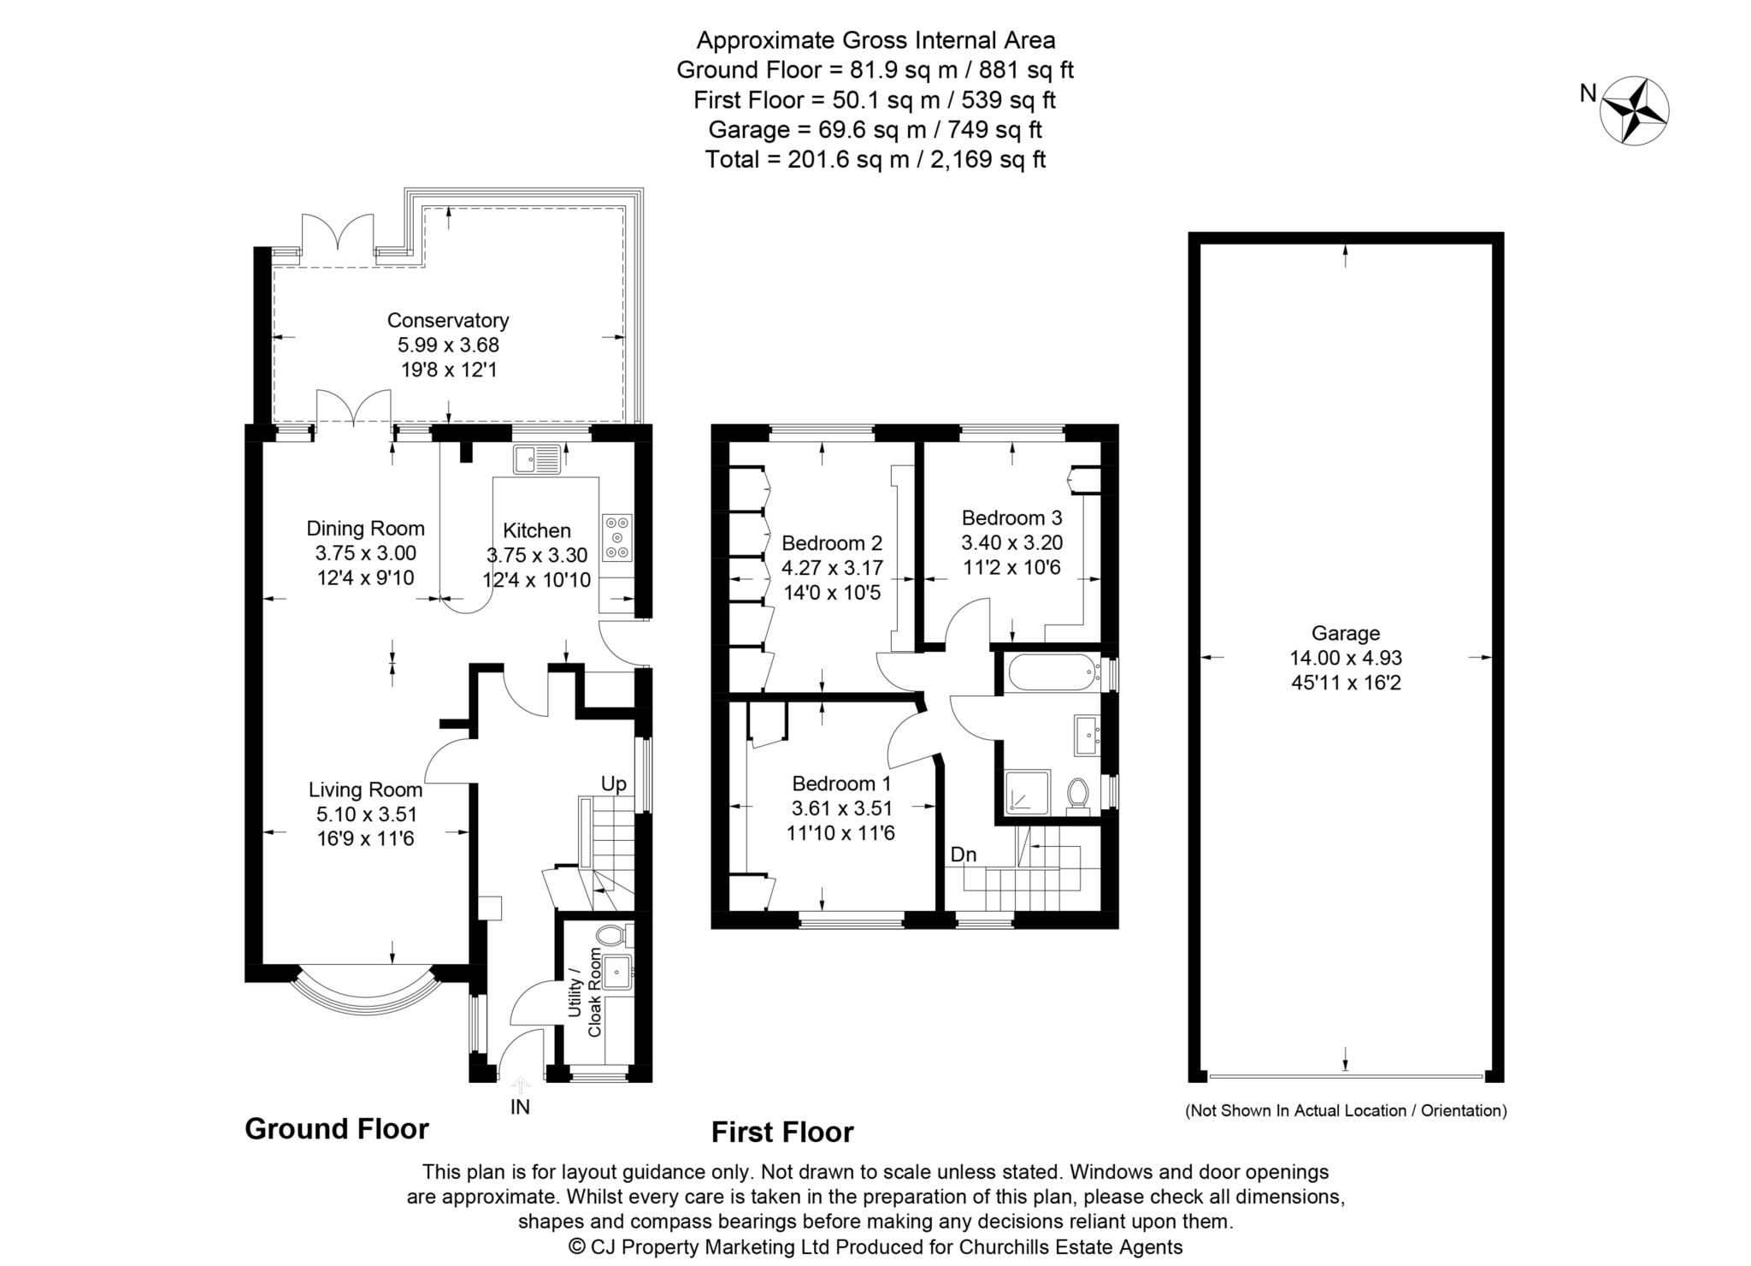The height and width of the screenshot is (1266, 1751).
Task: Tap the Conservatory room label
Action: pyautogui.click(x=448, y=321)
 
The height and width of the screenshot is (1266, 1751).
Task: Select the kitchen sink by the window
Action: pyautogui.click(x=536, y=460)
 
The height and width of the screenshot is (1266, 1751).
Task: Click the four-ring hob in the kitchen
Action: pyautogui.click(x=617, y=537)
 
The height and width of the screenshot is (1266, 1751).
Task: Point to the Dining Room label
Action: pyautogui.click(x=366, y=529)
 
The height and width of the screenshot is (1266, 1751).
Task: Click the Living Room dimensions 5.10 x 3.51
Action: pyautogui.click(x=366, y=814)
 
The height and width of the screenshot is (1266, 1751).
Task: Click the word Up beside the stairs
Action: pyautogui.click(x=613, y=784)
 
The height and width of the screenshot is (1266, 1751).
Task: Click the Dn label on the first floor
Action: pyautogui.click(x=963, y=855)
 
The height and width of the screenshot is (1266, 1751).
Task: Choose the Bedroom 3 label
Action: pyautogui.click(x=1011, y=518)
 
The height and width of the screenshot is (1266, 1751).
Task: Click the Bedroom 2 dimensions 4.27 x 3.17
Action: pyautogui.click(x=832, y=568)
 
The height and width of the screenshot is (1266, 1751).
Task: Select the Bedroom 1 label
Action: pyautogui.click(x=841, y=784)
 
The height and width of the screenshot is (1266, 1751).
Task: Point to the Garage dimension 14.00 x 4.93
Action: pyautogui.click(x=1346, y=658)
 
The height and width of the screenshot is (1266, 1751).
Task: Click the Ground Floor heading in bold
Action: pyautogui.click(x=336, y=1129)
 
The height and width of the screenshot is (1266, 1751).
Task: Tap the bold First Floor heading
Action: pyautogui.click(x=782, y=1133)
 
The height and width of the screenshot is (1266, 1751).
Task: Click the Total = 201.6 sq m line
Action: pyautogui.click(x=875, y=159)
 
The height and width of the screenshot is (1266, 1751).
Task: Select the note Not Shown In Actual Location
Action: pyautogui.click(x=1345, y=1111)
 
